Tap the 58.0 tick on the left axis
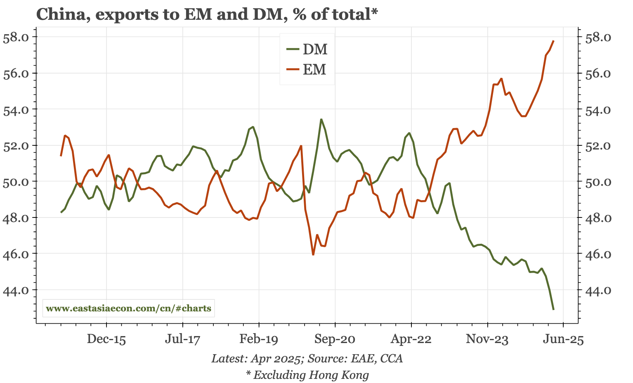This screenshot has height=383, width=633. (16, 37)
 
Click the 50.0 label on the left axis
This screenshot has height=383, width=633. (16, 182)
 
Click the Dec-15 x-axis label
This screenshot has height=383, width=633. (106, 340)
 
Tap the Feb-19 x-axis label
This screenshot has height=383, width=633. (259, 340)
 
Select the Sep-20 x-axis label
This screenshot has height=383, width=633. (335, 340)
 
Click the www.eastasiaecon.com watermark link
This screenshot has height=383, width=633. (128, 308)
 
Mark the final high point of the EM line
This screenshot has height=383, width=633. (553, 41)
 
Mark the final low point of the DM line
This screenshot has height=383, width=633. (553, 309)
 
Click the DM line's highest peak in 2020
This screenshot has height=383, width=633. (321, 119)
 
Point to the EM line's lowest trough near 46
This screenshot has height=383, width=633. (313, 255)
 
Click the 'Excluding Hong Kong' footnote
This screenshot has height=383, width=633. (307, 375)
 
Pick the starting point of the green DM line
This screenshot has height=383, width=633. (61, 213)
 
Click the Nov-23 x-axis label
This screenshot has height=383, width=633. (487, 340)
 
